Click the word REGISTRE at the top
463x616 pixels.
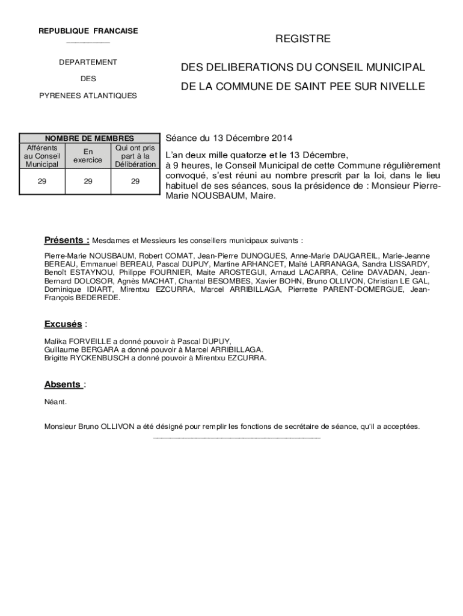click(303, 39)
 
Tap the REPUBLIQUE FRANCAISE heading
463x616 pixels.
click(88, 31)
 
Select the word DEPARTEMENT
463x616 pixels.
click(88, 62)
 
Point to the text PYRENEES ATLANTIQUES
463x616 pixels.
click(88, 96)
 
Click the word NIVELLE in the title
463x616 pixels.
click(403, 87)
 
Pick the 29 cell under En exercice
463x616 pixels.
click(88, 181)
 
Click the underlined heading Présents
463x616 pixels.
click(66, 241)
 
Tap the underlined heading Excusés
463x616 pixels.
click(63, 324)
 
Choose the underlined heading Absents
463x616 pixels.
click(63, 384)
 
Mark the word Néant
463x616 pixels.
click(55, 401)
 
